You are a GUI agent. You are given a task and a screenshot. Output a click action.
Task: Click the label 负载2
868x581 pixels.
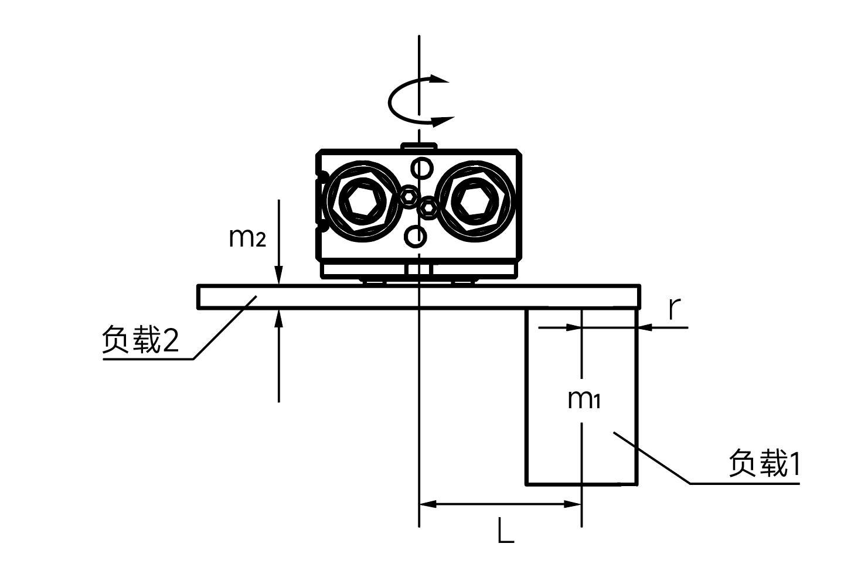141,340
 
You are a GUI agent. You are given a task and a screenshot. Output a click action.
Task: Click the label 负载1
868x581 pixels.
764,464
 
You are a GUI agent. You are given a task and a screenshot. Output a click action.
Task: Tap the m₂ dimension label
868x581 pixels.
247,237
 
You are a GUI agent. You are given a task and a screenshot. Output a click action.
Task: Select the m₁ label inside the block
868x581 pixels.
584,399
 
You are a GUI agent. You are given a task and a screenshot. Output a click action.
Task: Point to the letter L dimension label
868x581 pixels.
505,531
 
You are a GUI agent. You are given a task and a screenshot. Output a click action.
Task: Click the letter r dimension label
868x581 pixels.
675,309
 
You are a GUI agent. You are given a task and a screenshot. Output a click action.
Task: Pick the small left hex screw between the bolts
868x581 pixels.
409,194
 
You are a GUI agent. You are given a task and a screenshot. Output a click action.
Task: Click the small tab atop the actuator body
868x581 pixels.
418,145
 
